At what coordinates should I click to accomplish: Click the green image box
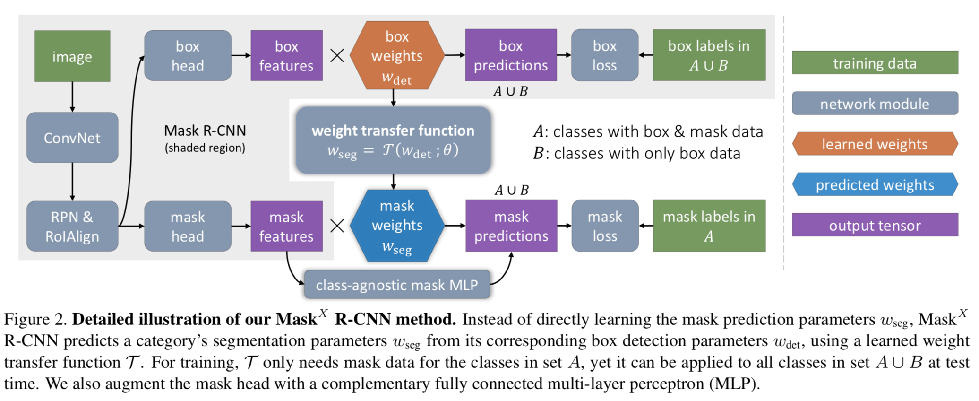tap(72, 56)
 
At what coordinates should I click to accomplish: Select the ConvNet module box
tap(72, 138)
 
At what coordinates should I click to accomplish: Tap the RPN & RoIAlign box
tap(72, 226)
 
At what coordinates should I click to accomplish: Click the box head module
tap(188, 55)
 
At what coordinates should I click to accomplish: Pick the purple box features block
tap(286, 55)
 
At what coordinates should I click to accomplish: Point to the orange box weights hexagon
tap(397, 55)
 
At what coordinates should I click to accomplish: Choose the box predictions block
tap(511, 55)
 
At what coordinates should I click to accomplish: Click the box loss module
tap(604, 55)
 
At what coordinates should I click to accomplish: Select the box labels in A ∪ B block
tap(709, 55)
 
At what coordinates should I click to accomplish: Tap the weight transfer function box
tap(393, 140)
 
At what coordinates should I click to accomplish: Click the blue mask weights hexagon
tap(397, 226)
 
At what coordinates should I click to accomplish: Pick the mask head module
tap(188, 226)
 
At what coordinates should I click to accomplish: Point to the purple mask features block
tap(286, 226)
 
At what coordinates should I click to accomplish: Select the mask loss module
tap(605, 226)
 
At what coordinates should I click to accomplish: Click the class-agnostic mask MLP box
tap(397, 285)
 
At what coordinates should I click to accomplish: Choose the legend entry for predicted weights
tap(875, 184)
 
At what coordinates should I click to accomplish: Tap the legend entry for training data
tap(875, 63)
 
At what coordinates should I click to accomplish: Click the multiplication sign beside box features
tap(337, 56)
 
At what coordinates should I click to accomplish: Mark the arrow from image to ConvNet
tap(72, 97)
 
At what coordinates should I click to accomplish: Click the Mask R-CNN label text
tap(205, 131)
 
